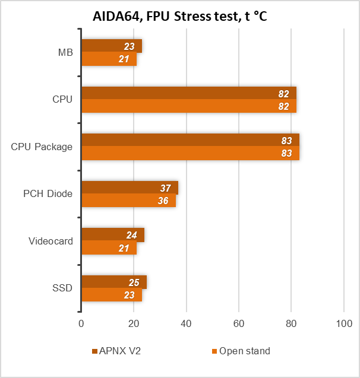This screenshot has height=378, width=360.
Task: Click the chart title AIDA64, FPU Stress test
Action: [x=179, y=16]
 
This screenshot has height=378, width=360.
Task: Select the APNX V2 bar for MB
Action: [x=111, y=46]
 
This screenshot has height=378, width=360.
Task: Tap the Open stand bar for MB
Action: [x=109, y=59]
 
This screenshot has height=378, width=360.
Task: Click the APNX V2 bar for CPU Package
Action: [x=190, y=140]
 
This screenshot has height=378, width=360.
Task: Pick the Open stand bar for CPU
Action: [x=188, y=106]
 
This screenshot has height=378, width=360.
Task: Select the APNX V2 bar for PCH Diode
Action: [x=130, y=188]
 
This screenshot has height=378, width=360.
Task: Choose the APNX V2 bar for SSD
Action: [x=113, y=282]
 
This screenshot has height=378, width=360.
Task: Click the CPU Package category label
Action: [x=42, y=147]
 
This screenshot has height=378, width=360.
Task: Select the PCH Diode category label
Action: [x=48, y=194]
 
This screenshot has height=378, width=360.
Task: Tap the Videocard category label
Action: [x=50, y=241]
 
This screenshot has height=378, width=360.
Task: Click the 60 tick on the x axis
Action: [x=239, y=324]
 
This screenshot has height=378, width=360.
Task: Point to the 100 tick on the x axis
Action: [x=344, y=324]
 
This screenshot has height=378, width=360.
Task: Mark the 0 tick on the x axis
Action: [x=81, y=324]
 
